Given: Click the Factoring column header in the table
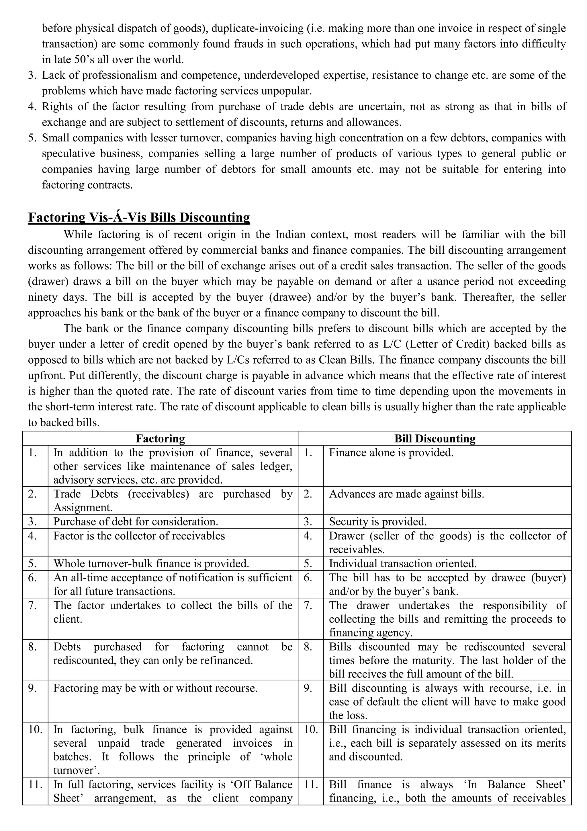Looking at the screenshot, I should (x=160, y=439).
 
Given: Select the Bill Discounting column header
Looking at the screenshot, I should (x=435, y=439).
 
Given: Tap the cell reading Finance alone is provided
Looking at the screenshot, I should (x=391, y=453).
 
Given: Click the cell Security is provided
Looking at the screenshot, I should (x=377, y=522).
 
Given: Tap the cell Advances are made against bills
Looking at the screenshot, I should (x=406, y=494).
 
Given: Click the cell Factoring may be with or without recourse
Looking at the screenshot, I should (x=155, y=688).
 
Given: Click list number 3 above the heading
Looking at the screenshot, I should (x=32, y=75).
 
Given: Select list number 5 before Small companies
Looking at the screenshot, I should (x=32, y=138).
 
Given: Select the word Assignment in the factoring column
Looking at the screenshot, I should (x=83, y=508).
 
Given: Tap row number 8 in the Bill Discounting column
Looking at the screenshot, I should (x=308, y=647).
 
